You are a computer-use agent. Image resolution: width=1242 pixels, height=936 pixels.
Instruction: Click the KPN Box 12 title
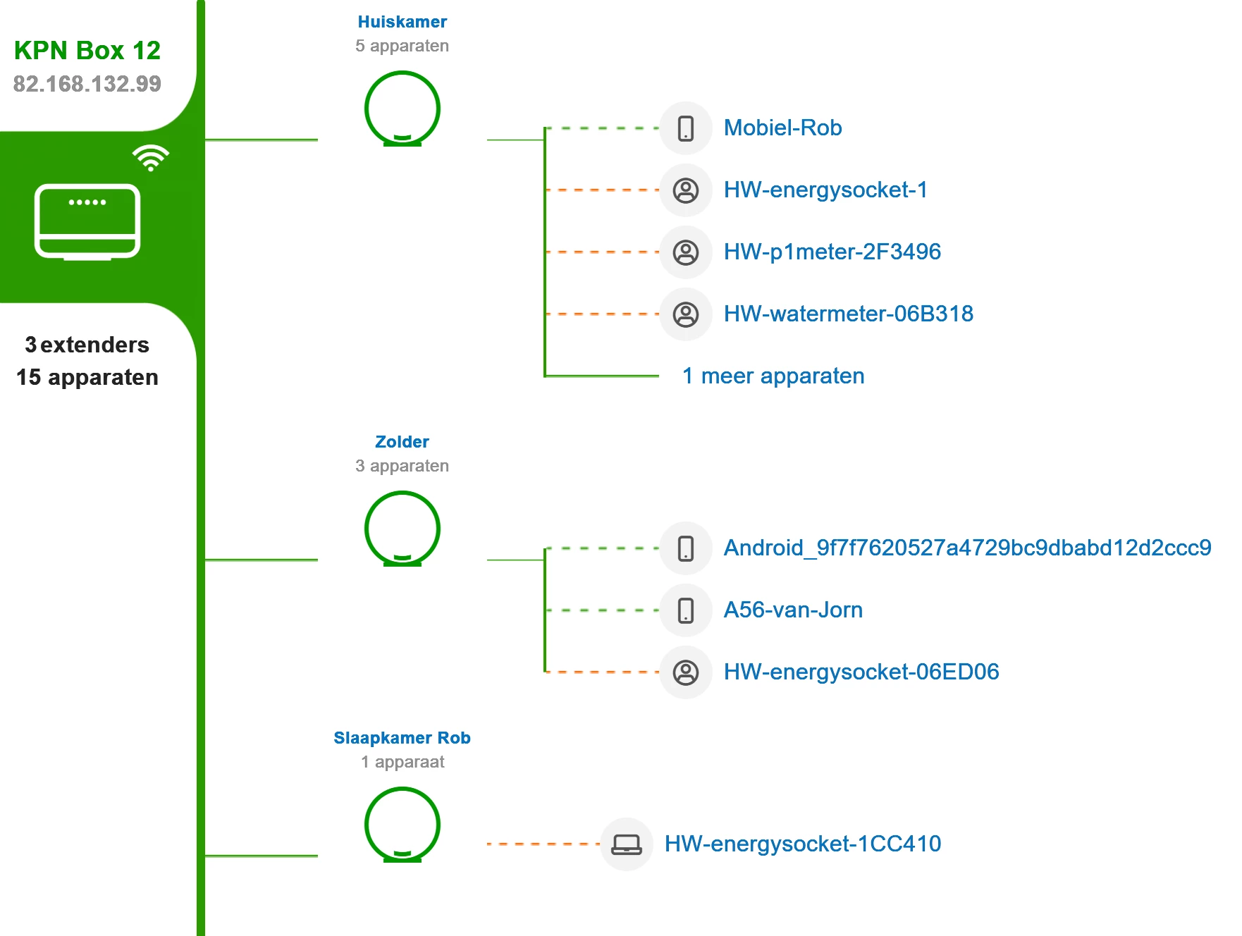pyautogui.click(x=87, y=51)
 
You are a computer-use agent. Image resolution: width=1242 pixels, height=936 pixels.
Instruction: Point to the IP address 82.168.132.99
pyautogui.click(x=87, y=84)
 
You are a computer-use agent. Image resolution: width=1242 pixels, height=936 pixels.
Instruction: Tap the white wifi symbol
pyautogui.click(x=150, y=158)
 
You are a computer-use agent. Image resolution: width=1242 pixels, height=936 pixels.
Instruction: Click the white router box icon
pyautogui.click(x=87, y=221)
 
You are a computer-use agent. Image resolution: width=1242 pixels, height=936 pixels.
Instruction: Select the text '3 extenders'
pyautogui.click(x=87, y=345)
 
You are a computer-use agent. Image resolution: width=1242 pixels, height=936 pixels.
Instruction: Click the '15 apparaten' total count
pyautogui.click(x=87, y=377)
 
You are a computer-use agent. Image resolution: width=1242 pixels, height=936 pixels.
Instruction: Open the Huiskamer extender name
pyautogui.click(x=402, y=22)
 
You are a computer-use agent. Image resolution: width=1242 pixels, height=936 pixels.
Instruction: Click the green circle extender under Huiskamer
pyautogui.click(x=402, y=109)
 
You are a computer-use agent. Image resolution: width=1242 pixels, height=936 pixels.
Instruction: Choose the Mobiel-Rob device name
pyautogui.click(x=782, y=128)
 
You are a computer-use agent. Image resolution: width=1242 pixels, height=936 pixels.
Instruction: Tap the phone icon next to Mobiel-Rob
pyautogui.click(x=685, y=128)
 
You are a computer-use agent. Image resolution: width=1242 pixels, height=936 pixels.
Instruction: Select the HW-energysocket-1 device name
pyautogui.click(x=825, y=190)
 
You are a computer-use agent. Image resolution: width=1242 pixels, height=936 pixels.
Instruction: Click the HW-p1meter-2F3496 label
pyautogui.click(x=832, y=252)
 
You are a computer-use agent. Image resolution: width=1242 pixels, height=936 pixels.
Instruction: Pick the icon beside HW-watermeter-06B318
pyautogui.click(x=685, y=314)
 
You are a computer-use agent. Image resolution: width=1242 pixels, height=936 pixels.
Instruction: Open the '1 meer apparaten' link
pyautogui.click(x=773, y=376)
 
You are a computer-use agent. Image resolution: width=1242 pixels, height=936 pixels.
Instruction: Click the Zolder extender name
pyautogui.click(x=402, y=442)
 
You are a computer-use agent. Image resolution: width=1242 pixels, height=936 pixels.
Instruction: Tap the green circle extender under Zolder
pyautogui.click(x=402, y=529)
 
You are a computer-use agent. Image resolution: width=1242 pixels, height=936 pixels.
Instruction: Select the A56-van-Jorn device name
pyautogui.click(x=793, y=610)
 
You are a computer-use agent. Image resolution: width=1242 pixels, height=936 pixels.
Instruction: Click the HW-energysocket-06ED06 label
pyautogui.click(x=861, y=672)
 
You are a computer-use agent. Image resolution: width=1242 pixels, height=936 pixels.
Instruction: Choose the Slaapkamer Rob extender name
pyautogui.click(x=402, y=738)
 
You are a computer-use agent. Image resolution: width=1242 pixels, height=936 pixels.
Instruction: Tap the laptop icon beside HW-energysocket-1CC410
pyautogui.click(x=626, y=844)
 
